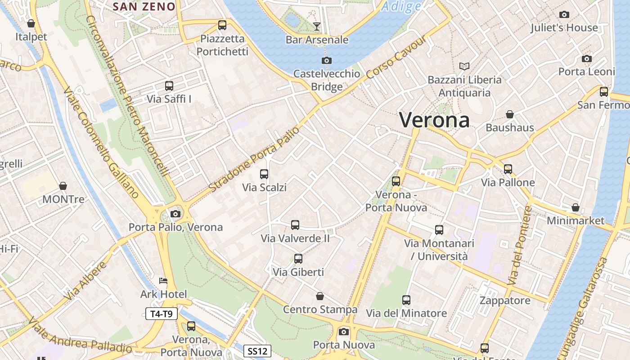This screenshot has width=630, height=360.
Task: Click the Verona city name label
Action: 434,120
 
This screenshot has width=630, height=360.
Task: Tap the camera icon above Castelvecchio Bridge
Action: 327,60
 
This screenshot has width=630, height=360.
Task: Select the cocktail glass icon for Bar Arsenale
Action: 317,26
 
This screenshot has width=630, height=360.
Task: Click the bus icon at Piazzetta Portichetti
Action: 222,25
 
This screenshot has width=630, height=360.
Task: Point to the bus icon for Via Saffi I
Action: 169,85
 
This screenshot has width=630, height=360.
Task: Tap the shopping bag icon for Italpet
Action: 31,23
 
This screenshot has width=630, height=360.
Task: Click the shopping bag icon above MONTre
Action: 63,186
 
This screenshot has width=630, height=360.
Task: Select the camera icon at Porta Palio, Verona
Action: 175,214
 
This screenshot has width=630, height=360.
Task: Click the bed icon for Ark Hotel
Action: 163,281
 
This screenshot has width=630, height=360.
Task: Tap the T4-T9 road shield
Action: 162,314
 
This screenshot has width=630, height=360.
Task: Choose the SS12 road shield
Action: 258,351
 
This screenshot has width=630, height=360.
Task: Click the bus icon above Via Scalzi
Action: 264,174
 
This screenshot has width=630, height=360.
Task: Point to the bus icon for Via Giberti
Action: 298,259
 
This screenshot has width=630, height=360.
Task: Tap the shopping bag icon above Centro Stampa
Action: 320,296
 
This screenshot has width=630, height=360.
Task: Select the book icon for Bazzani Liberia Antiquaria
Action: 464,67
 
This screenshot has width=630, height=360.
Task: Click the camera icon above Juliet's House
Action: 564,14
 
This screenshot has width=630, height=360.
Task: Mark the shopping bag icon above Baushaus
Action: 510,114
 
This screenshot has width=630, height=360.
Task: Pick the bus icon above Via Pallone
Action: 508,169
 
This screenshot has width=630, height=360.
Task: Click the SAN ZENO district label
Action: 144,6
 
